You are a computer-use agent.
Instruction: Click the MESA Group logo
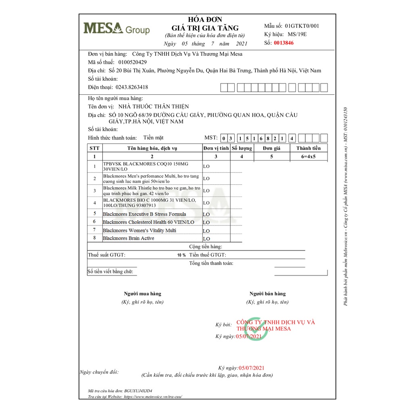pyautogui.click(x=116, y=29)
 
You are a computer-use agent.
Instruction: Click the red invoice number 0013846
pyautogui.click(x=284, y=43)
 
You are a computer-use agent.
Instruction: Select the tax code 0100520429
pyautogui.click(x=132, y=62)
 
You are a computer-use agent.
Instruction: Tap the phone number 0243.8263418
pyautogui.click(x=131, y=87)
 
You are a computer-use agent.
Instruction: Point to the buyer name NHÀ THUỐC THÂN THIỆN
pyautogui.click(x=153, y=106)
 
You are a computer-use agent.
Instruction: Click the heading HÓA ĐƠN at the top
pyautogui.click(x=205, y=20)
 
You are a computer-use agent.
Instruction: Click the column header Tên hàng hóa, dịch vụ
pyautogui.click(x=152, y=148)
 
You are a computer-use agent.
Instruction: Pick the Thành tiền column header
pyautogui.click(x=309, y=148)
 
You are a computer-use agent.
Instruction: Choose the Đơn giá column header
pyautogui.click(x=271, y=148)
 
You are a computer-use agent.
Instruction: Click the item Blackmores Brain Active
pyautogui.click(x=128, y=238)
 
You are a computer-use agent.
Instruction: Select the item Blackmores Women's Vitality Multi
pyautogui.click(x=139, y=230)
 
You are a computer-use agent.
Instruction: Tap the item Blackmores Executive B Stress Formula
pyautogui.click(x=144, y=214)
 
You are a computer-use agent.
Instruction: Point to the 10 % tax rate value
pyautogui.click(x=181, y=255)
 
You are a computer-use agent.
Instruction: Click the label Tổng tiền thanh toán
pyautogui.click(x=211, y=263)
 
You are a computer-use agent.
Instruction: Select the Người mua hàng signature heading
pyautogui.click(x=142, y=294)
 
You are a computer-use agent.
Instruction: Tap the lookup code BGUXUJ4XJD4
pyautogui.click(x=138, y=391)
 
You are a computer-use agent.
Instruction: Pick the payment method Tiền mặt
pyautogui.click(x=153, y=138)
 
